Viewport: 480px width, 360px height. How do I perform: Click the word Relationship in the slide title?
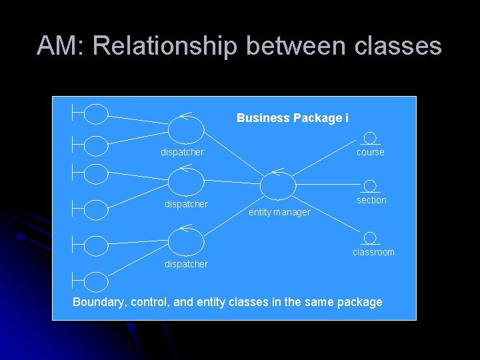tap(164, 45)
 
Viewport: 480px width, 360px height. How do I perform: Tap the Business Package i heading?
tap(292, 118)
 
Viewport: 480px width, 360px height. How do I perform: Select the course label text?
tap(371, 152)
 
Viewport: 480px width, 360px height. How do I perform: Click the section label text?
tap(371, 200)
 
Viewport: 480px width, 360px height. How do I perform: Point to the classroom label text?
tap(373, 252)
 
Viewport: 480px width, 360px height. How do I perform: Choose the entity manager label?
tap(279, 212)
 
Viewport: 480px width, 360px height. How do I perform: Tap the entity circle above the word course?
tap(370, 138)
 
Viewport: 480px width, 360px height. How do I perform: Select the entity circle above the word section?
tap(371, 186)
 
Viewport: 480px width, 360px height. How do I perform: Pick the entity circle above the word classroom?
tap(371, 238)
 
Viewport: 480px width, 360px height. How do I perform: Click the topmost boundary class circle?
tap(97, 114)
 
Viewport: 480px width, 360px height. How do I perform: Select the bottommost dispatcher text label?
tap(186, 264)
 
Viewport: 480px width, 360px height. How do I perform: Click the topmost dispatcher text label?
tap(182, 152)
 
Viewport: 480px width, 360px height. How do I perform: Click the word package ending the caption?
tap(360, 302)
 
